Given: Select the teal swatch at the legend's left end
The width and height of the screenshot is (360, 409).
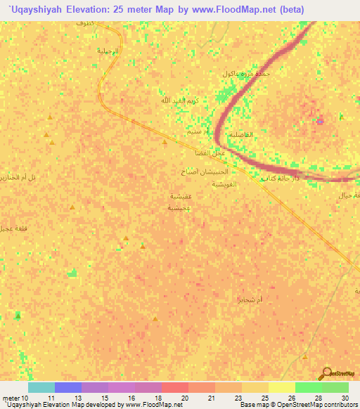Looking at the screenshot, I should [41, 387].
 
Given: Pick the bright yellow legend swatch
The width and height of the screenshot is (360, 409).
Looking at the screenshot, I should [281, 387].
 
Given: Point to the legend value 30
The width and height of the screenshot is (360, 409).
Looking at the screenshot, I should [344, 397].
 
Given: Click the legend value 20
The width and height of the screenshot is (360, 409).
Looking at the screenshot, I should [184, 397].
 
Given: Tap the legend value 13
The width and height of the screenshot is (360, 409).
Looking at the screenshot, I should [77, 397].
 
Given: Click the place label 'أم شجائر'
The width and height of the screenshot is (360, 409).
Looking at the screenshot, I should [250, 300].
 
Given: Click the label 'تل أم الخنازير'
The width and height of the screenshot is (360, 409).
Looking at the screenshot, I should [32, 178].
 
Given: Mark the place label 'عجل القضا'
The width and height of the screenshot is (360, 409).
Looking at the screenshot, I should [210, 153].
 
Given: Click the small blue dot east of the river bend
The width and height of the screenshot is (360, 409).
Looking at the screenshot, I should [321, 121].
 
